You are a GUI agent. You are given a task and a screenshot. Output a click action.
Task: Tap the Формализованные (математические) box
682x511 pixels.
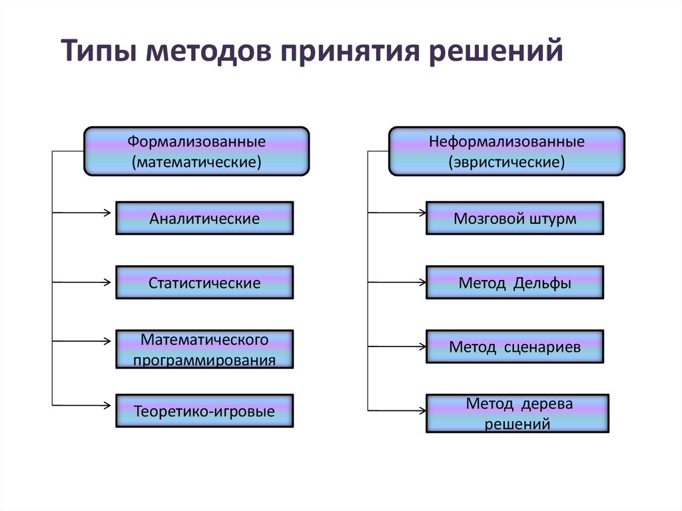coord(196,152)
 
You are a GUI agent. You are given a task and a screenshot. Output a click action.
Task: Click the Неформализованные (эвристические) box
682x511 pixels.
coord(506,152)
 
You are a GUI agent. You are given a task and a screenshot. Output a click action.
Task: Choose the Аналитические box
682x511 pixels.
coord(204,219)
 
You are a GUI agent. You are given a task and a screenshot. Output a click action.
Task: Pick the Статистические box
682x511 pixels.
coord(204,283)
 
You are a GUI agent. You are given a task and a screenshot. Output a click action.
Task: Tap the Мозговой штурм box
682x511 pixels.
coord(515,219)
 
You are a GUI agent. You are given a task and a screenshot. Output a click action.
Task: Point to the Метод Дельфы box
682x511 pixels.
coord(515,283)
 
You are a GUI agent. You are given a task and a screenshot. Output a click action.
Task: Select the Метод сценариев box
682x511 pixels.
coord(515,347)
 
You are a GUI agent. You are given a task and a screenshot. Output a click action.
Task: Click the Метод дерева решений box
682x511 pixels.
coord(517,414)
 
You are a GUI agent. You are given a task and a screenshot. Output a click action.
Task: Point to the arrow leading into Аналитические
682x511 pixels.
coord(83,213)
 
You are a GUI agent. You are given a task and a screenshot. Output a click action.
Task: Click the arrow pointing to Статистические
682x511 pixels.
coord(83,282)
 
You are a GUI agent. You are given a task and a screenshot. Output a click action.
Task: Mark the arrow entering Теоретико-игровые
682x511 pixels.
coord(83,404)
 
